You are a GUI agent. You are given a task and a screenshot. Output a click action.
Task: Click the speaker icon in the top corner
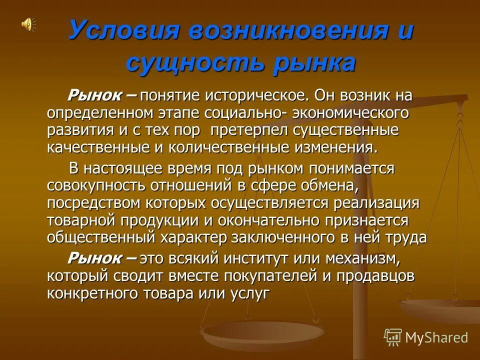point(28,24)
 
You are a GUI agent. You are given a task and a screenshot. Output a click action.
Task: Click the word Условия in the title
point(123,31)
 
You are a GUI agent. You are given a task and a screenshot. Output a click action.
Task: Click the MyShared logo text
point(436,338)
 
